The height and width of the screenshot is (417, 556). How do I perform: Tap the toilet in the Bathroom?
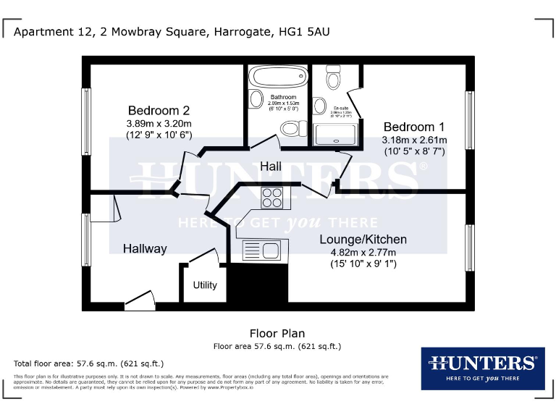click(291, 129)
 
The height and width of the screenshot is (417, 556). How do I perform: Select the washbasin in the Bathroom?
click(256, 100)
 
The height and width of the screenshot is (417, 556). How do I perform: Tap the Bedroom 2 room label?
click(159, 111)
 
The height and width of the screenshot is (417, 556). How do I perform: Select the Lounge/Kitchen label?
click(363, 240)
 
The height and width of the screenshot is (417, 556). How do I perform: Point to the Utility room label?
click(205, 285)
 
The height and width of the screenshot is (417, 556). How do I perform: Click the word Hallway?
click(145, 249)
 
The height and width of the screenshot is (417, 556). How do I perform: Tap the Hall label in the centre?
click(271, 167)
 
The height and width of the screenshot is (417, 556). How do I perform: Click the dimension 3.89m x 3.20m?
click(159, 124)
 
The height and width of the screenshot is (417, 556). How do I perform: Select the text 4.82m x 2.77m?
click(363, 253)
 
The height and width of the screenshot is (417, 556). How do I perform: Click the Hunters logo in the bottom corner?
click(482, 368)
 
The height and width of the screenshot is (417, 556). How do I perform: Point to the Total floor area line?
click(89, 363)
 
